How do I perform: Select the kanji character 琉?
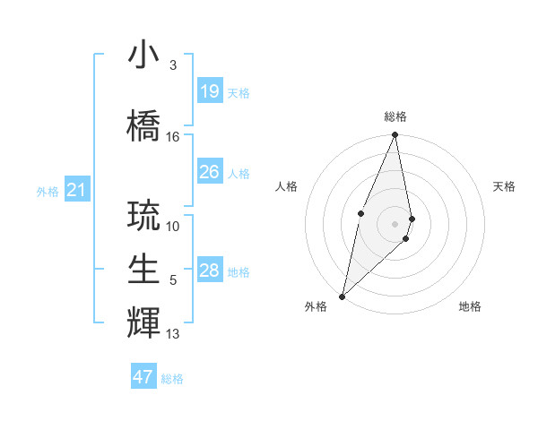pos(143,215)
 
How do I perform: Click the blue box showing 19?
pos(209,91)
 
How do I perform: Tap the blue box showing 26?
pos(209,172)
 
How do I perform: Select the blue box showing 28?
pos(209,271)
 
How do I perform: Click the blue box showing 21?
pos(76,190)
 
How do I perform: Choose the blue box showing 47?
pos(143,377)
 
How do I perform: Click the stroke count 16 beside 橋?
pos(173,137)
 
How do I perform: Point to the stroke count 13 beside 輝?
pos(173,334)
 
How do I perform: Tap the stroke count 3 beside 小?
pos(172,65)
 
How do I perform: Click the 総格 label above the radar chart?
pos(395,116)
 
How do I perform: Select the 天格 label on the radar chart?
pos(505,186)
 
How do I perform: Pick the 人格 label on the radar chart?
pos(287,186)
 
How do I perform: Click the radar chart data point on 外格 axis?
pos(342,296)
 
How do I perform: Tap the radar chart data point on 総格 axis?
pos(395,135)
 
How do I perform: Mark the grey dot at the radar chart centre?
pos(395,223)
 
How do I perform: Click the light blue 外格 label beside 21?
pos(48,191)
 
